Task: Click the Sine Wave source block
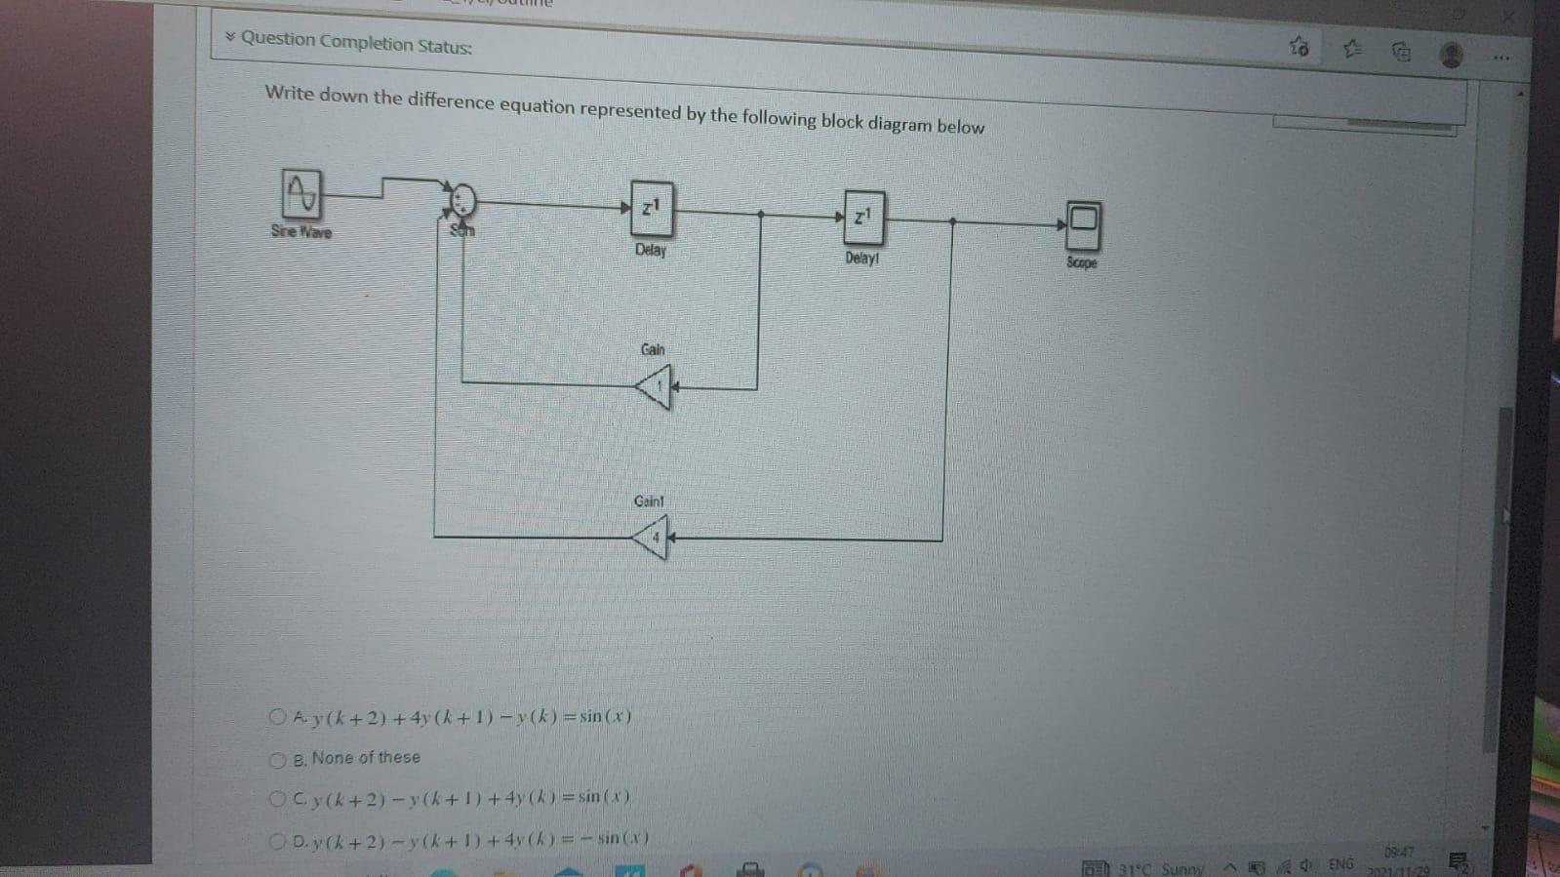point(301,193)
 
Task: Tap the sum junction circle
point(462,200)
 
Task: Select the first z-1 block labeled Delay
point(652,208)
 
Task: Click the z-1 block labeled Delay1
point(863,217)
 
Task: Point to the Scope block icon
point(1083,224)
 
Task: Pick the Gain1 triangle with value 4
point(651,537)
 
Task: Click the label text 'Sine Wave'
point(301,232)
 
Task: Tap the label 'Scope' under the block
point(1081,262)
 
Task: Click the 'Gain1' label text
point(649,501)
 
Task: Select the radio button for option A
point(277,717)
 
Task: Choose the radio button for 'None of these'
point(278,760)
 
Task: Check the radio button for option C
point(278,799)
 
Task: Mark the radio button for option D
point(278,841)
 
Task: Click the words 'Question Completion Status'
point(356,43)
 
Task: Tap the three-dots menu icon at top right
point(1500,58)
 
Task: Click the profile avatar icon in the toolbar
point(1451,55)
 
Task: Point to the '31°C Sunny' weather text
point(1161,868)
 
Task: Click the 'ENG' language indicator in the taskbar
point(1340,864)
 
